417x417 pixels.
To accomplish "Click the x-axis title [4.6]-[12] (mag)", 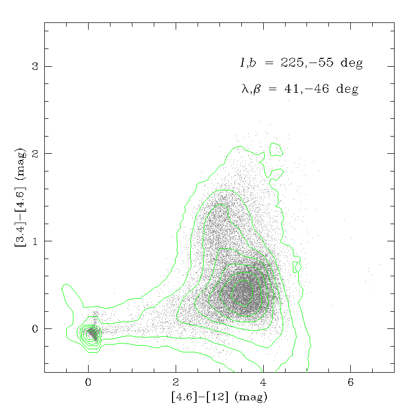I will tap(219, 397).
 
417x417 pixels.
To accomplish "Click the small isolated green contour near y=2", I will tap(276, 150).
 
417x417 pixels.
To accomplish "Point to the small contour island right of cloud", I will tap(297, 266).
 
